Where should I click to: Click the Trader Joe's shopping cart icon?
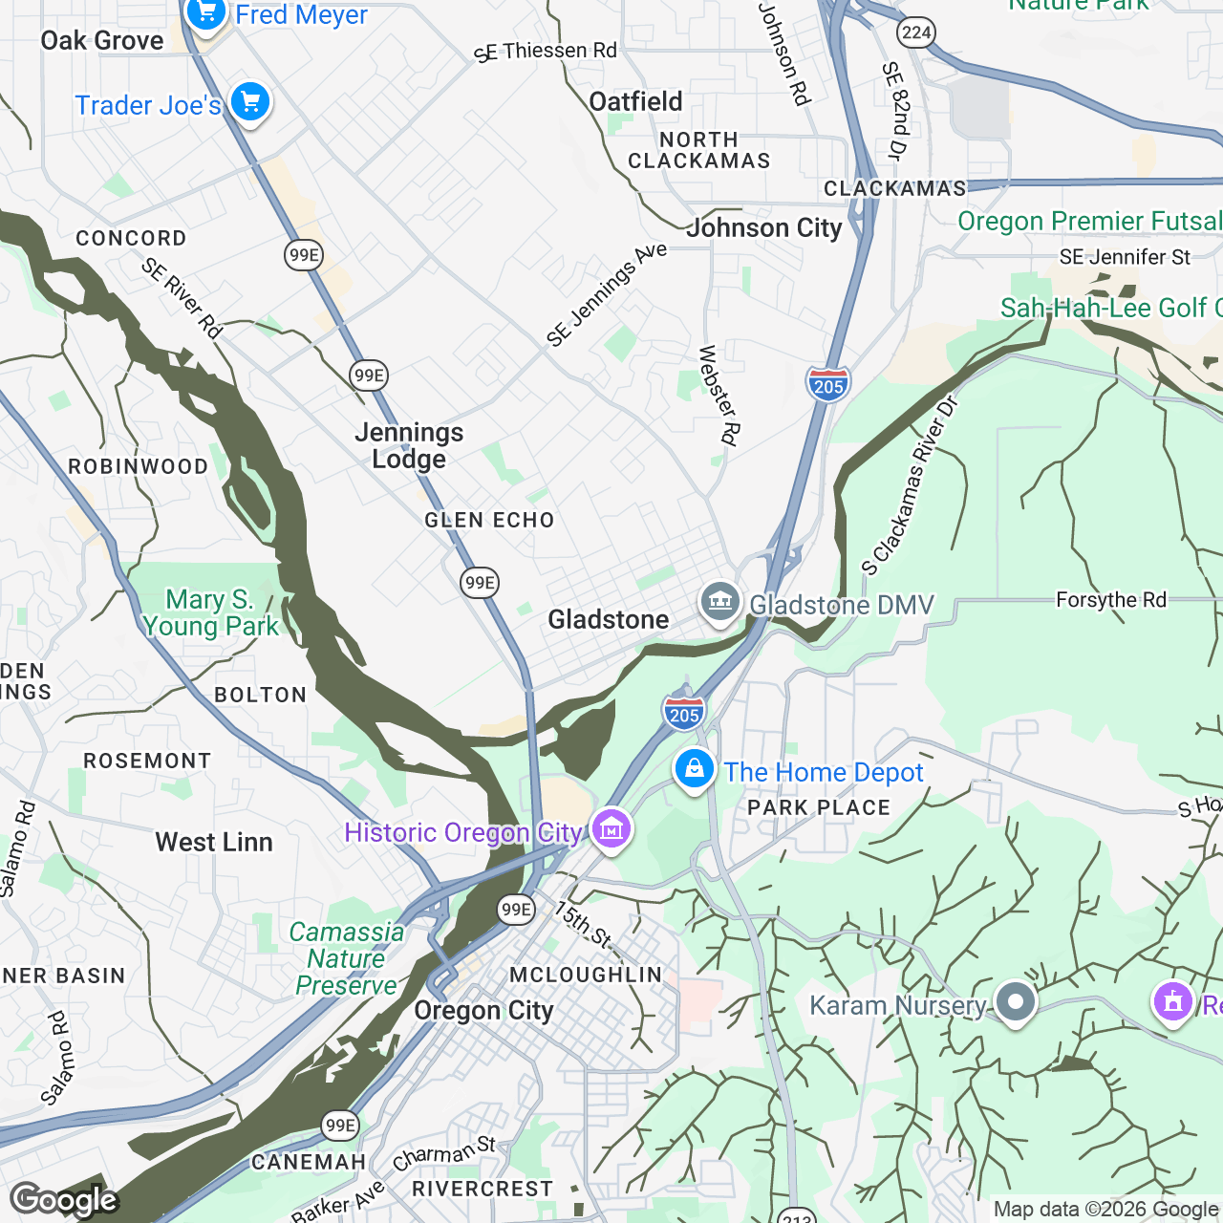click(x=250, y=101)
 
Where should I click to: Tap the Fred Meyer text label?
click(x=301, y=15)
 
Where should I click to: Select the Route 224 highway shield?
click(x=915, y=32)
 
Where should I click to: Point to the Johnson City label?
click(x=764, y=228)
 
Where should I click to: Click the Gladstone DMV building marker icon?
click(x=719, y=602)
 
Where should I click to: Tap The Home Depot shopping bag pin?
click(x=695, y=769)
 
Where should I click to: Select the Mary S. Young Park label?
click(x=210, y=612)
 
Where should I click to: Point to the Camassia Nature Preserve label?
click(x=346, y=958)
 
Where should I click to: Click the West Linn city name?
click(x=214, y=842)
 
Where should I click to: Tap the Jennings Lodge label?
click(x=409, y=446)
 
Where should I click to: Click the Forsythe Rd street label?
click(x=1110, y=600)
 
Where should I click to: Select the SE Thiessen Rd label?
click(x=547, y=52)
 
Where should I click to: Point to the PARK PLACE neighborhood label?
click(x=819, y=808)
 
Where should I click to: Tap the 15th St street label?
click(x=583, y=924)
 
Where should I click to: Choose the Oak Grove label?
click(x=102, y=41)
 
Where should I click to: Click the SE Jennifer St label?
click(x=1125, y=257)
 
